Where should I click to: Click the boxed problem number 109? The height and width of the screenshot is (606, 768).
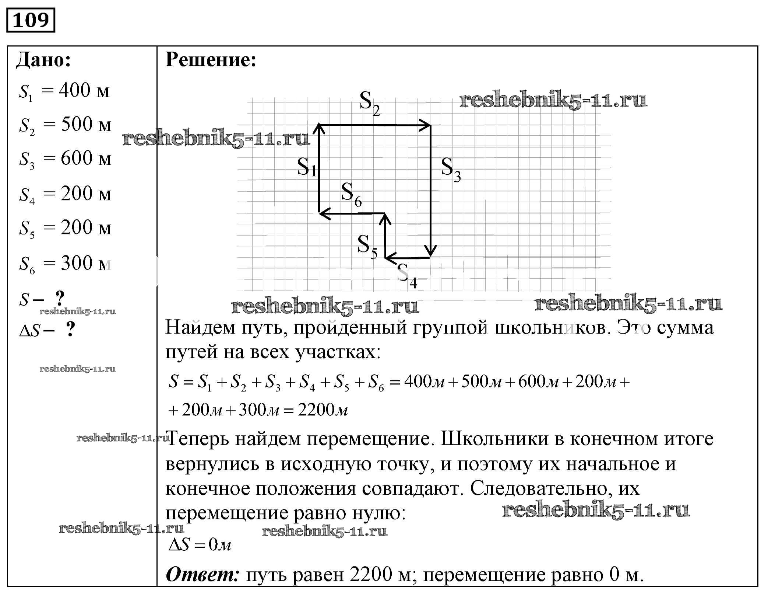(31, 20)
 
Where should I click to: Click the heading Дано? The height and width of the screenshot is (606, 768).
(43, 60)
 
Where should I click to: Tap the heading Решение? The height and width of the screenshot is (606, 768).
(211, 60)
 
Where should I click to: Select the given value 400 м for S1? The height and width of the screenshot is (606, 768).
(84, 91)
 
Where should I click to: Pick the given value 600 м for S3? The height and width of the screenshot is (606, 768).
(86, 159)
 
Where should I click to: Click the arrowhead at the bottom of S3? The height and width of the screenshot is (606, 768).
(430, 252)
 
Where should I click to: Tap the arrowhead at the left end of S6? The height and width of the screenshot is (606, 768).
(323, 213)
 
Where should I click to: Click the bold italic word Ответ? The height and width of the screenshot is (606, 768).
(202, 575)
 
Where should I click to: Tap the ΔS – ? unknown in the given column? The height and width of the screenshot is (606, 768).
(47, 330)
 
